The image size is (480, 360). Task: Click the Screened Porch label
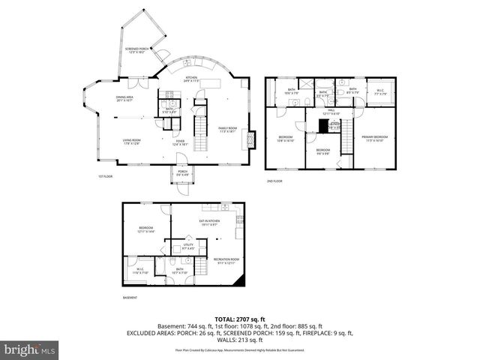click(x=137, y=50)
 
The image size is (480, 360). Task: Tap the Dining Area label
click(x=124, y=98)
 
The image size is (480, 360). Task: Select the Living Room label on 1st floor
click(x=132, y=141)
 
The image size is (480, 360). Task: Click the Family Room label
click(x=227, y=130)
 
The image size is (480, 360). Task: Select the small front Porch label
click(x=182, y=173)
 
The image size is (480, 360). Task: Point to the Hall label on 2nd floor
click(x=331, y=112)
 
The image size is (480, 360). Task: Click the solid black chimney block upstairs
click(x=324, y=125)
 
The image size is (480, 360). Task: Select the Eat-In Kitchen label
click(x=209, y=222)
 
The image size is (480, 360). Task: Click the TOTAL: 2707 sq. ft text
click(x=240, y=319)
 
